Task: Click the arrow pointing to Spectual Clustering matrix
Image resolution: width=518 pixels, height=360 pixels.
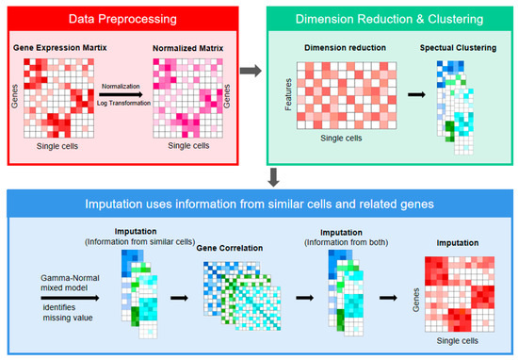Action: [x=415, y=95]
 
